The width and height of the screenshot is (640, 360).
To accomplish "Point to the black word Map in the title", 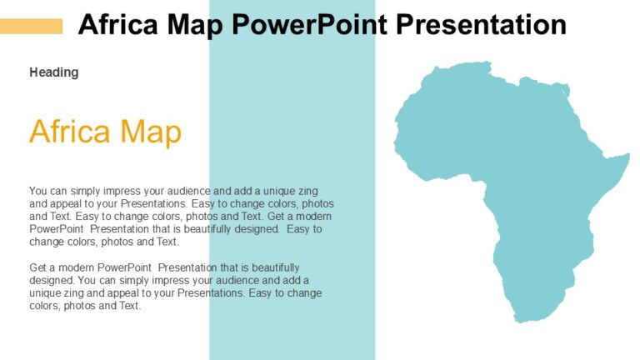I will click(x=197, y=25).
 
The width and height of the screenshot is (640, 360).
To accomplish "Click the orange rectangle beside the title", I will click(x=31, y=26).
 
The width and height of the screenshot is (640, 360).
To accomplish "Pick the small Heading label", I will click(x=54, y=72).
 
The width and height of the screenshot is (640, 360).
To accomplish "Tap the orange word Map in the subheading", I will click(x=151, y=132).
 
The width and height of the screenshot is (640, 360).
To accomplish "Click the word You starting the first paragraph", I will click(x=39, y=191).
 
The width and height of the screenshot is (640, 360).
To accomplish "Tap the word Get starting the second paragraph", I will click(x=38, y=267).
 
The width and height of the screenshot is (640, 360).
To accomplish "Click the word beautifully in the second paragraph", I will click(x=272, y=267).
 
